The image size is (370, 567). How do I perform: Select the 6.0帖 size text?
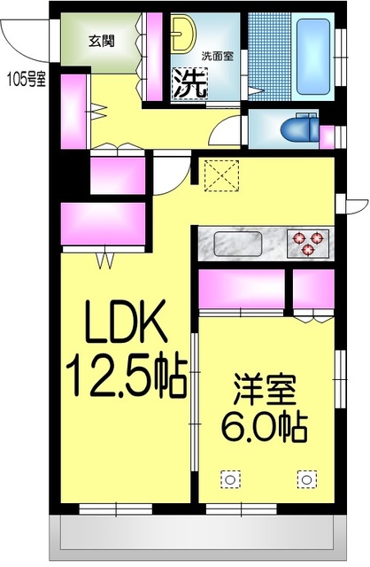[x=265, y=431]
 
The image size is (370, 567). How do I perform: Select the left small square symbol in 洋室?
[x=229, y=479]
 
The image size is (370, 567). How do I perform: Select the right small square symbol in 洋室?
[x=306, y=479]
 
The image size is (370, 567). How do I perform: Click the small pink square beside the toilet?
[x=328, y=137]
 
